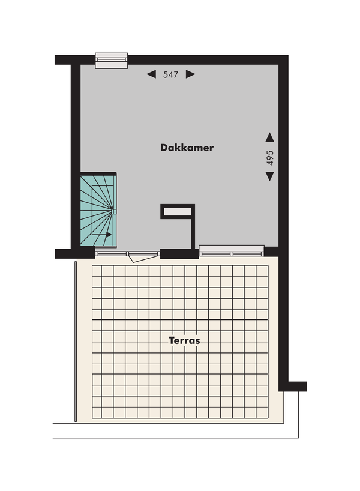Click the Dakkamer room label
point(187,148)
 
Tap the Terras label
point(184,340)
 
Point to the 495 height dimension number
point(270,157)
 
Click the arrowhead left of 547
point(151,74)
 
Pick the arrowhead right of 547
point(191,74)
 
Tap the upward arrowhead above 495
point(270,137)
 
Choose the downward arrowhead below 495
point(270,176)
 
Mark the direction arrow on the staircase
point(108,235)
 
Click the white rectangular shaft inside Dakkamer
point(178,211)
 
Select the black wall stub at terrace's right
point(293,386)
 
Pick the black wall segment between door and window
point(179,253)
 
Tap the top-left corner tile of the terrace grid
point(98,271)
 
